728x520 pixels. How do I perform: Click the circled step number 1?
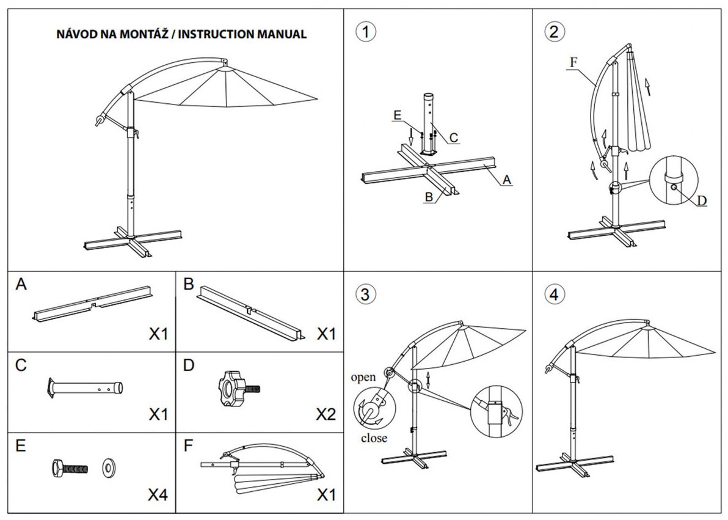[x=365, y=32]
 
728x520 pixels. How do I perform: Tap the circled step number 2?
[x=554, y=32]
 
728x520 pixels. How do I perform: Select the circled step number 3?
[x=365, y=294]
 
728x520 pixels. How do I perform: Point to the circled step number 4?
[x=554, y=294]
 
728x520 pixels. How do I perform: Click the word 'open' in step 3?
[x=363, y=377]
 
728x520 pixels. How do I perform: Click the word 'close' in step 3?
[x=374, y=438]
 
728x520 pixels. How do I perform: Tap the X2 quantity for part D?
[x=326, y=414]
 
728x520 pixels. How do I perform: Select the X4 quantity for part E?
[x=158, y=495]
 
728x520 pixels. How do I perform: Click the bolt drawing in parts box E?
[x=69, y=467]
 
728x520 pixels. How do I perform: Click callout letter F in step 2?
[x=574, y=62]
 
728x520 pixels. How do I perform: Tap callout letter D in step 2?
[x=702, y=201]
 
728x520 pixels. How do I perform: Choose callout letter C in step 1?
[x=454, y=137]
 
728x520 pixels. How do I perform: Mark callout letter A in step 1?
[x=506, y=180]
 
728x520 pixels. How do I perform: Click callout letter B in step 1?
[x=429, y=197]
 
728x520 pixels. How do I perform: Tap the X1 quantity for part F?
[x=326, y=495]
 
